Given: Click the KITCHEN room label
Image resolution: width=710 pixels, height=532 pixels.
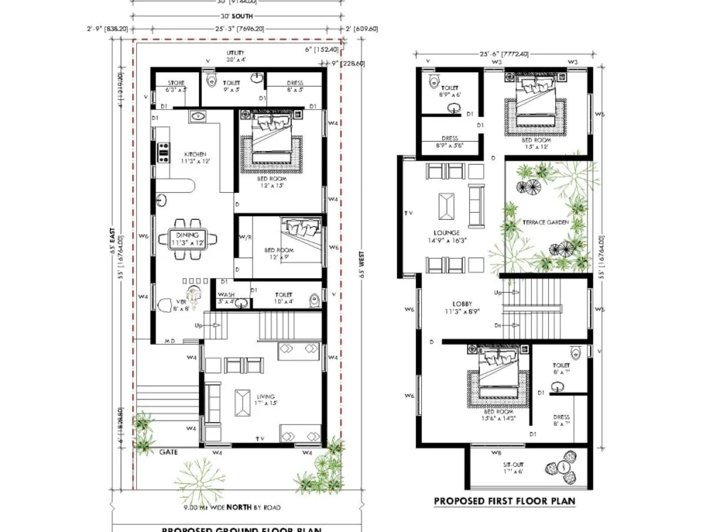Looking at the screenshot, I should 195,154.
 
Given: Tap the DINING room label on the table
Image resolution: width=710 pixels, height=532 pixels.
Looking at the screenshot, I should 188,235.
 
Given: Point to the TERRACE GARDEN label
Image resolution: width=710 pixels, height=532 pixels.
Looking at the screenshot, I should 546,222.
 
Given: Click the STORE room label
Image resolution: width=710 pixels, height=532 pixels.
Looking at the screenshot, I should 176,83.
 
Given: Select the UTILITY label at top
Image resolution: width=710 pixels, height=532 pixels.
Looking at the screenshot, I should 236,53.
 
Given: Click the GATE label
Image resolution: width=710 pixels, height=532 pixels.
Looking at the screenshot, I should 168,451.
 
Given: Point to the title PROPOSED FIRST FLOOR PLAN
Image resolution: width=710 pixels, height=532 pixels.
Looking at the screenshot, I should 504,501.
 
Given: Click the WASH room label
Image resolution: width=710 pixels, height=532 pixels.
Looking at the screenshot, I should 226,294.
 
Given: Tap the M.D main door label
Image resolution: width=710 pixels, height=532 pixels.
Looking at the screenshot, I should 170,341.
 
